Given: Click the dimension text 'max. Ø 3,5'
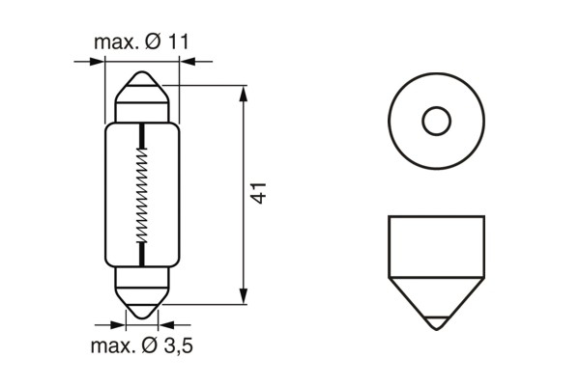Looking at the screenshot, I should click(x=141, y=345).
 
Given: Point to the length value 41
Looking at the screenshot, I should click(x=259, y=191).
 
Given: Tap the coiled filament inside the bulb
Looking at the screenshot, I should click(x=143, y=195).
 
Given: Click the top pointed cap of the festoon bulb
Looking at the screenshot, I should click(x=143, y=91).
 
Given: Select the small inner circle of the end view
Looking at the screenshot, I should click(x=437, y=122).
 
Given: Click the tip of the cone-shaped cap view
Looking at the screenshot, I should click(x=437, y=323).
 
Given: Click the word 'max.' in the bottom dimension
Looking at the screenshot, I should click(x=112, y=345).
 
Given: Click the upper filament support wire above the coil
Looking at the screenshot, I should click(x=143, y=135).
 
